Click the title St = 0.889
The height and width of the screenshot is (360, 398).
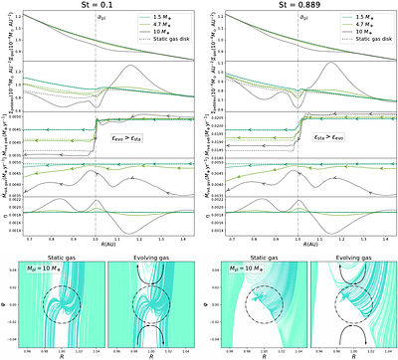click(x=301, y=7)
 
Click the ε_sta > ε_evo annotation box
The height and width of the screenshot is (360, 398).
click(x=329, y=143)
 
